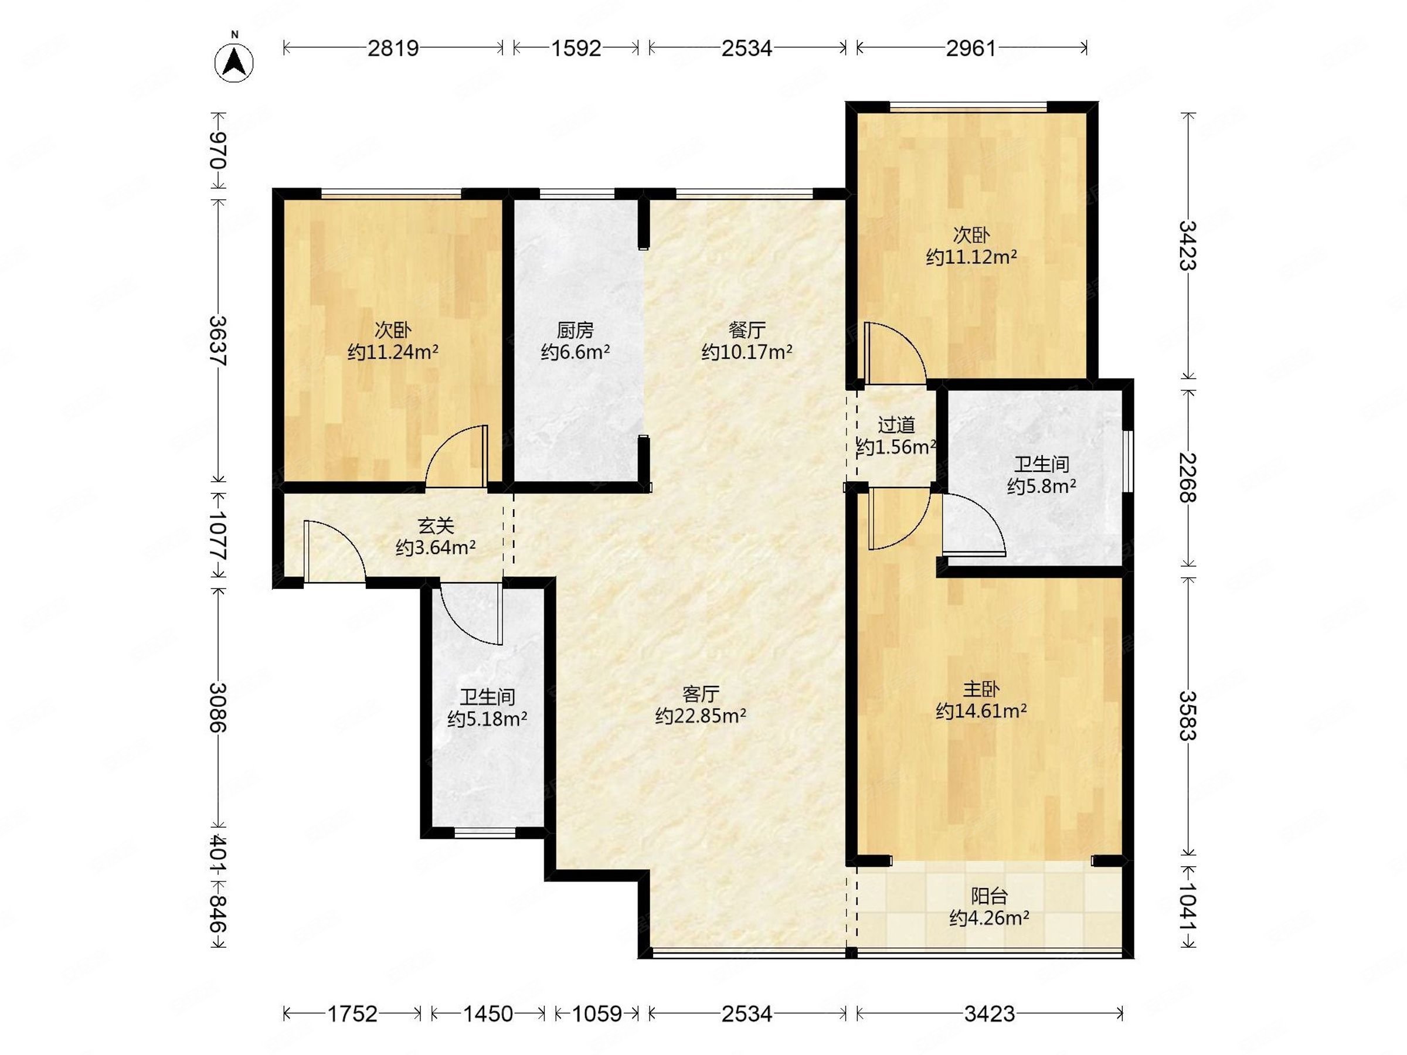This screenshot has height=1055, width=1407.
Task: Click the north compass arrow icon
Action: point(234,61)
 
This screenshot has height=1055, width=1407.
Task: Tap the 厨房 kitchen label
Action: point(575,330)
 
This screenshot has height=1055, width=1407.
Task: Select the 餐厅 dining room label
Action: point(747,330)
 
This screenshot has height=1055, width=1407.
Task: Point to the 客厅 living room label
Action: point(701,694)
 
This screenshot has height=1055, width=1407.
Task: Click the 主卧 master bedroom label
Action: point(981,689)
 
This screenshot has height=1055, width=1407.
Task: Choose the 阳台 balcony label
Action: point(989,896)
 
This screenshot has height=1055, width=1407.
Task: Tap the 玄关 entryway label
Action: point(436,525)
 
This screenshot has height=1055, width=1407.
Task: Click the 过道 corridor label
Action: point(896,425)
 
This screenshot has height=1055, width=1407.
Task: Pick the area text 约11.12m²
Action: point(971,257)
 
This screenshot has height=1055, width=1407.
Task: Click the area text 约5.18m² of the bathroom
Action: point(487,719)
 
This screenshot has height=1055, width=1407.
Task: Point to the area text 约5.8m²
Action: point(1042,486)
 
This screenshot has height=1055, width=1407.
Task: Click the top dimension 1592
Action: point(576,47)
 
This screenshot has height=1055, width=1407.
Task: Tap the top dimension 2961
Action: point(971,47)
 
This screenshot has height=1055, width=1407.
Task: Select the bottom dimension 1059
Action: point(596,1013)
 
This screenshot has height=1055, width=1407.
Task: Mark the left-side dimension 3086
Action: point(218,707)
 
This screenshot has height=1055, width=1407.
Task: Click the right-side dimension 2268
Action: point(1188,478)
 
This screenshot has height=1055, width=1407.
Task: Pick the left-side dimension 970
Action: point(218,150)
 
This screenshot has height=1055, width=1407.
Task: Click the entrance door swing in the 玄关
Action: point(335,551)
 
